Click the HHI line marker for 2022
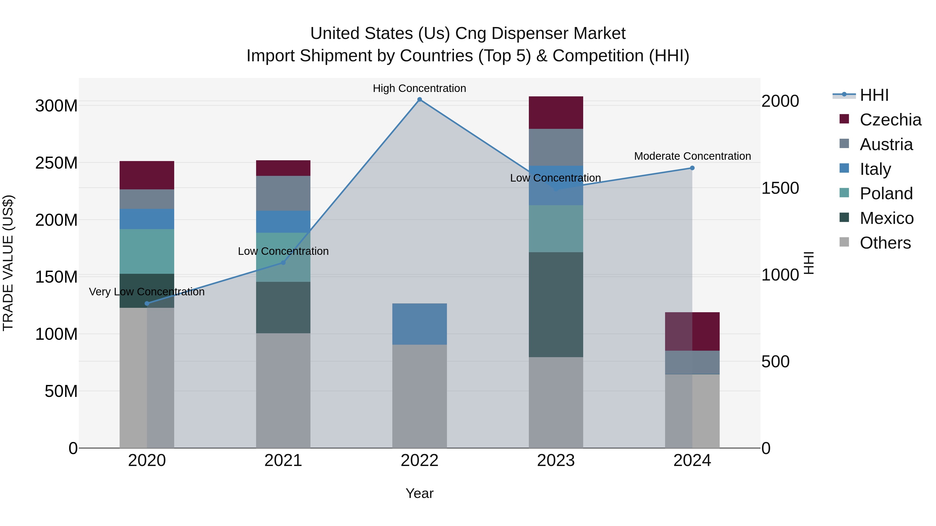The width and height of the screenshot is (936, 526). [x=419, y=99]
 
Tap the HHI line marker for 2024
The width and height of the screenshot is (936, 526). [x=692, y=168]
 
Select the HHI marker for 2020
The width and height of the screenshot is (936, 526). [x=147, y=303]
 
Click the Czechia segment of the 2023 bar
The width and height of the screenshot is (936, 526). [x=556, y=112]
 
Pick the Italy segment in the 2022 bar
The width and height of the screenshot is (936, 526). [x=419, y=324]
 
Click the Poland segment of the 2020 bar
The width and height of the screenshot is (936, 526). [x=147, y=251]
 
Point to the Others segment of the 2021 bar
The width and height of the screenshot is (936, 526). [x=283, y=390]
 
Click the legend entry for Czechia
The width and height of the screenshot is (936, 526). [x=890, y=120]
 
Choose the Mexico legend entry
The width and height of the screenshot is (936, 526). [x=886, y=218]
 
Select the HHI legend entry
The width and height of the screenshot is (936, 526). [x=874, y=95]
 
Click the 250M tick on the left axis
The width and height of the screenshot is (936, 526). [x=56, y=163]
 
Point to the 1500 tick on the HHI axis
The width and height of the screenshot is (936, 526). [x=780, y=188]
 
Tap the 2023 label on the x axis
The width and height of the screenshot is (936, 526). [x=556, y=461]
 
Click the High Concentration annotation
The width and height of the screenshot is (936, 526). [x=419, y=88]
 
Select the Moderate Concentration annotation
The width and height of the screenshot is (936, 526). [x=692, y=156]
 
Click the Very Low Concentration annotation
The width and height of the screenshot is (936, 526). [x=147, y=292]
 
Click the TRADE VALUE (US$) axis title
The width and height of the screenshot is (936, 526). [x=8, y=263]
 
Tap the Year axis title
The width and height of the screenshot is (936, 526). [x=419, y=493]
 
